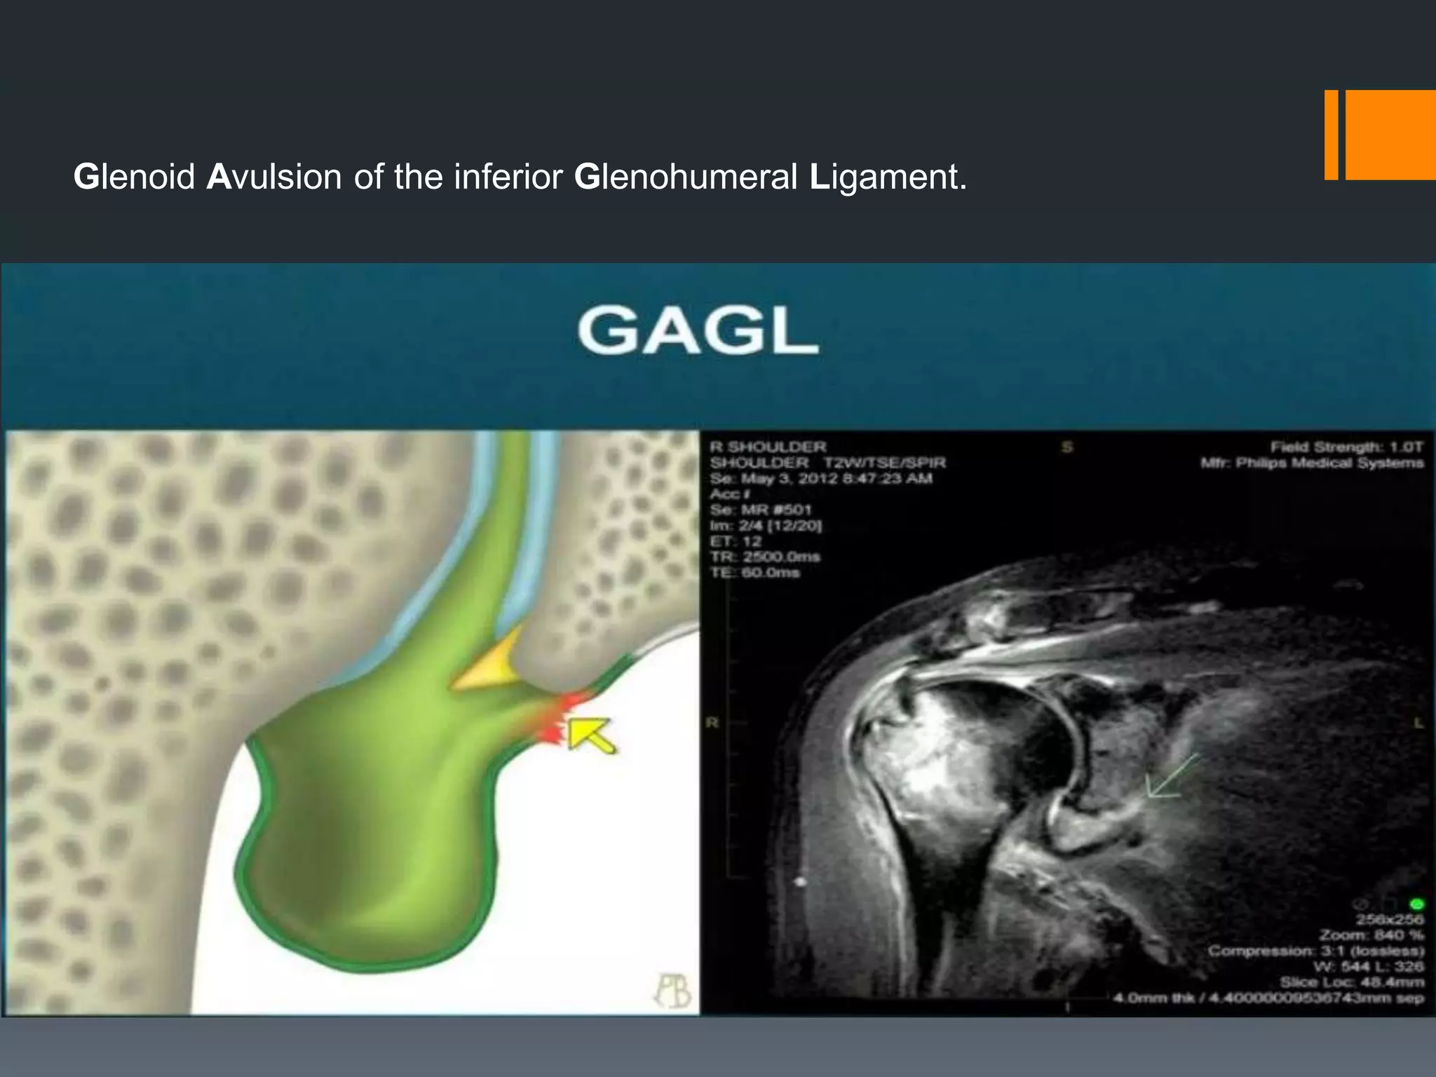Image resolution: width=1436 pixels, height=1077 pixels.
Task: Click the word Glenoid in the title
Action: (134, 177)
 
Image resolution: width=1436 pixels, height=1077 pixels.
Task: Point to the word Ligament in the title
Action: (888, 177)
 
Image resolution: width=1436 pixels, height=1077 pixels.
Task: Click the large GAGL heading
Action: (698, 332)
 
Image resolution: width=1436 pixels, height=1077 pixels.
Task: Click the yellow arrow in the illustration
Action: (590, 735)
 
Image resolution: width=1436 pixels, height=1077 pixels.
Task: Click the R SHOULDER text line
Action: (768, 447)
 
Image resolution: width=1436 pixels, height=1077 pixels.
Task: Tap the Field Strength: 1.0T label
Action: (1346, 447)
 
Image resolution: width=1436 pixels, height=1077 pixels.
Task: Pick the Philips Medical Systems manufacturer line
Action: (1312, 463)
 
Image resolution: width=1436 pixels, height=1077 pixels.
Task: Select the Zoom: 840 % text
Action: (1371, 935)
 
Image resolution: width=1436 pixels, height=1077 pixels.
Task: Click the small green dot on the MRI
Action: (1417, 904)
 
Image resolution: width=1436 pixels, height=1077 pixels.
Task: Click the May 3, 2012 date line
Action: (820, 479)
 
